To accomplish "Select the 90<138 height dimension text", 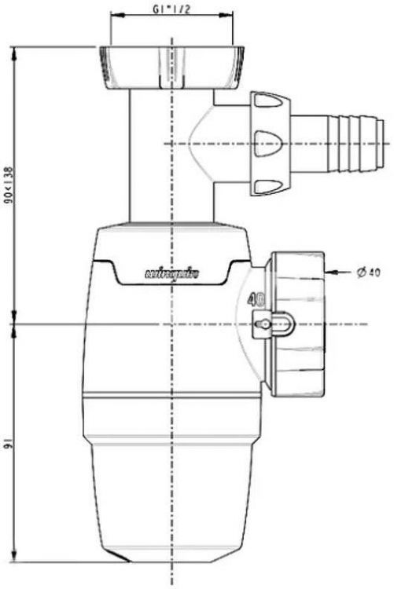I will [9, 185].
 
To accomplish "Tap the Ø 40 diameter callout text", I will [368, 272].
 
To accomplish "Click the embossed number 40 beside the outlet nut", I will [255, 299].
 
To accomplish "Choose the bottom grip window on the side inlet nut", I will [268, 186].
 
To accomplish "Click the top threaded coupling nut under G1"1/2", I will [168, 68].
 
